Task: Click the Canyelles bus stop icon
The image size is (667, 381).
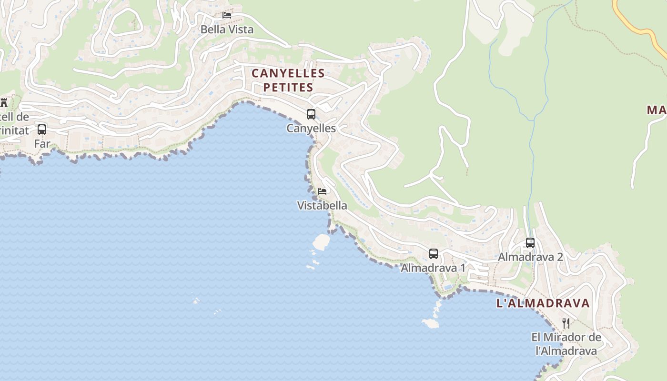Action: coord(311,114)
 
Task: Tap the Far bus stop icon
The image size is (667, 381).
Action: coord(42,130)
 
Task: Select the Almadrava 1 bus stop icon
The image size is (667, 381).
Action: coord(433,254)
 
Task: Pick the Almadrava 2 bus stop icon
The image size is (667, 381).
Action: coord(530,243)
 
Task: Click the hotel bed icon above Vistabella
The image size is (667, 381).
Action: coord(322,191)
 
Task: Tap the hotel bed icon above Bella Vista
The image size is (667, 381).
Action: coord(227,15)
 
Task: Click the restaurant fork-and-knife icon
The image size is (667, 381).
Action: coord(566,323)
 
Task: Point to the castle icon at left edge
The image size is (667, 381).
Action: coord(4,102)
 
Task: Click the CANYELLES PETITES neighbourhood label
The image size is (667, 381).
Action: coord(288,80)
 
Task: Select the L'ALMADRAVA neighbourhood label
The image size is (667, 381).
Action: coord(543,303)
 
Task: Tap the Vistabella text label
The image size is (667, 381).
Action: coord(322,206)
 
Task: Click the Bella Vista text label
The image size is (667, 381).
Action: coord(227,30)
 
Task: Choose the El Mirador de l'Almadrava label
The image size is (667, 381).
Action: coord(566,344)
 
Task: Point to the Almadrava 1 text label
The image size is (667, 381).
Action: coord(433,268)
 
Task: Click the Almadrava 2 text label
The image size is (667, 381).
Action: coord(530,257)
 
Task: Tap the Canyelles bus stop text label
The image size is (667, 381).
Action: coord(311,129)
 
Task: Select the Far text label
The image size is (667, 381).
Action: coord(42,143)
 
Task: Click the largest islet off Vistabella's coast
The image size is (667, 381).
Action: coord(322,242)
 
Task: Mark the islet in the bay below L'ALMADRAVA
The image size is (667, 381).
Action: coord(430,323)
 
